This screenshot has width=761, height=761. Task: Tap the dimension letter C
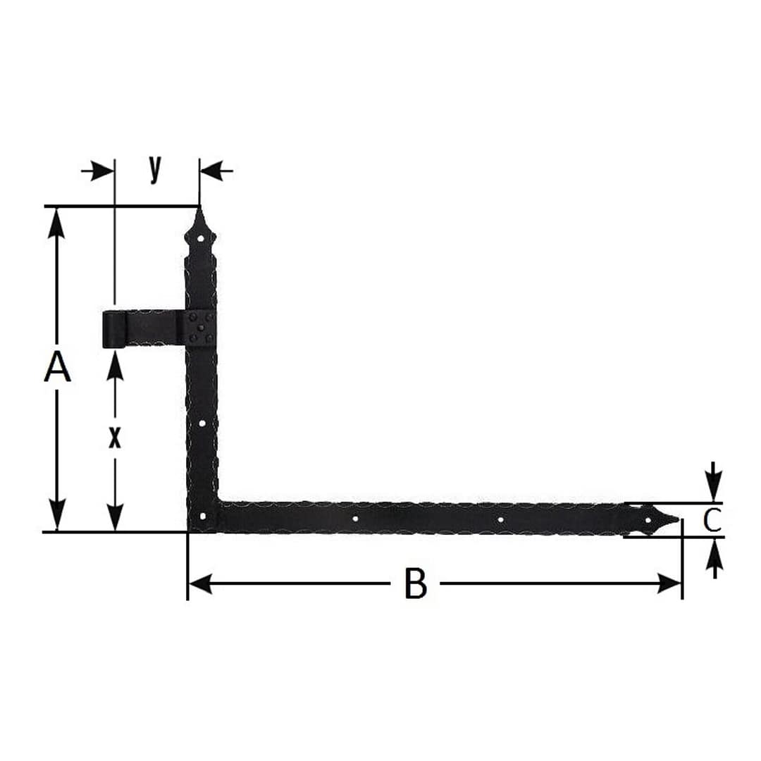(x=712, y=520)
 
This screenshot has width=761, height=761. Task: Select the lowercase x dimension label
(x=114, y=438)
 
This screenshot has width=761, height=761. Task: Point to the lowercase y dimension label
(x=155, y=169)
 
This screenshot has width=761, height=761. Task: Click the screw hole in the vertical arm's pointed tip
(x=200, y=238)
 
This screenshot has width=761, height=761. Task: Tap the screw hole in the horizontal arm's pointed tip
(x=648, y=521)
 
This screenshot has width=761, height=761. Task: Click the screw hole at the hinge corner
(x=203, y=516)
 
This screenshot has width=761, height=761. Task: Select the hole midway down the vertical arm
(x=202, y=423)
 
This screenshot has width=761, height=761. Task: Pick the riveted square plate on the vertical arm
(x=199, y=328)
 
